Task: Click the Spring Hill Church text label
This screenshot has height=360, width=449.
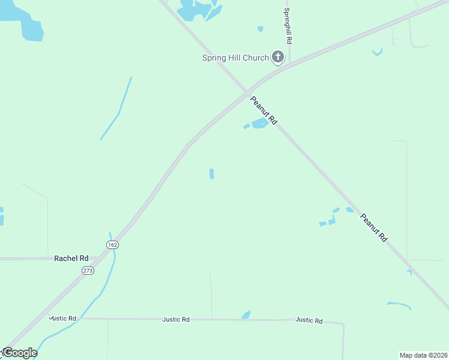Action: [235, 58]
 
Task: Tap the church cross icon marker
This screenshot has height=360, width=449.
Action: [277, 58]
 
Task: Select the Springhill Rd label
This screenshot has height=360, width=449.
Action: [288, 26]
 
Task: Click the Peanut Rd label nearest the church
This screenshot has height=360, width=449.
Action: [264, 110]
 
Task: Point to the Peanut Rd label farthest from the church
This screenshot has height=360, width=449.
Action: [374, 227]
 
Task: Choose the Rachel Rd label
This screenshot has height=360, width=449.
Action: [71, 258]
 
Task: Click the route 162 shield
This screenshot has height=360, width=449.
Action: [112, 245]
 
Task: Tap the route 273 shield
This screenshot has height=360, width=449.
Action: [88, 271]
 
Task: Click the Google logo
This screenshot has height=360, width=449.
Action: [19, 353]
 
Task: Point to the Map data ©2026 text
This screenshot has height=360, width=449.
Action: [424, 355]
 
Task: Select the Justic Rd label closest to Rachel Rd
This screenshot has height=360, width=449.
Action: [63, 318]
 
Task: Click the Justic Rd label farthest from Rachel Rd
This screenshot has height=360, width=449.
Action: [309, 320]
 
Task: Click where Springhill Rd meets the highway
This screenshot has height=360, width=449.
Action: [290, 64]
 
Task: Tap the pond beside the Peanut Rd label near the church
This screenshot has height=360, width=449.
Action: [259, 124]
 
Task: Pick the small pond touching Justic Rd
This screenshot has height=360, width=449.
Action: [246, 315]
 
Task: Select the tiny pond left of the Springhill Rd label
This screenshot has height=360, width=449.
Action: [260, 28]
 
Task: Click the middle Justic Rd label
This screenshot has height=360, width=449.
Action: [176, 320]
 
